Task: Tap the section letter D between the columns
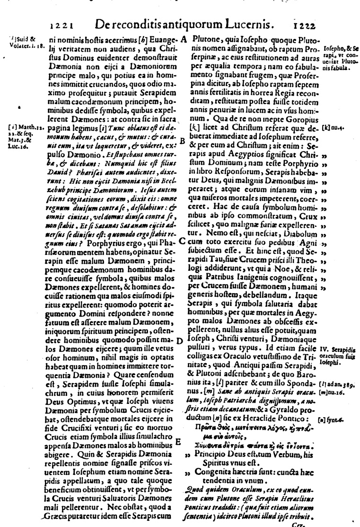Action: (x=180, y=341)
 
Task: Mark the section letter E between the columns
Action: (x=178, y=441)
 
